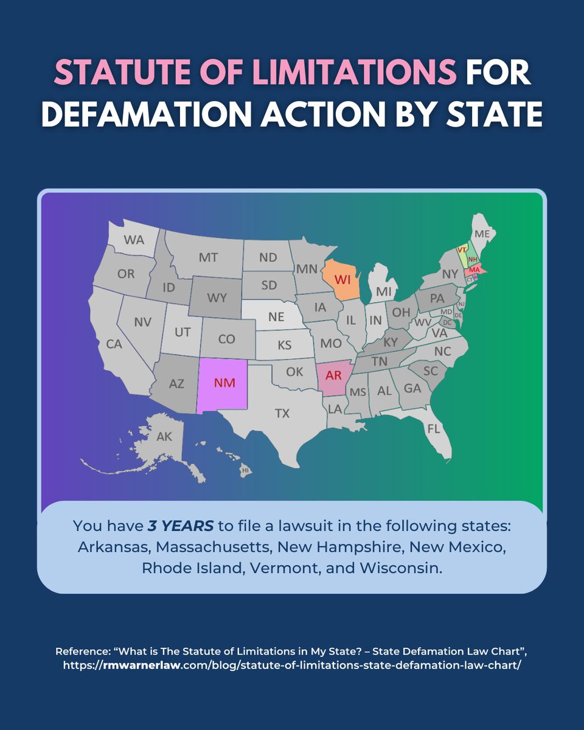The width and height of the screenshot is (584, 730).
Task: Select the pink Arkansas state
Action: pyautogui.click(x=333, y=375)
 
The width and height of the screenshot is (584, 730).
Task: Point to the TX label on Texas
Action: pyautogui.click(x=282, y=414)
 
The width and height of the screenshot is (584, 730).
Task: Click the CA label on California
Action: pyautogui.click(x=114, y=344)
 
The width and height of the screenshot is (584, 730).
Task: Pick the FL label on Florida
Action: pyautogui.click(x=433, y=428)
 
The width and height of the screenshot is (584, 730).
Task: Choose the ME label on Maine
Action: pyautogui.click(x=482, y=234)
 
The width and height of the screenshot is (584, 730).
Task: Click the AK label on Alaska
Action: pyautogui.click(x=164, y=437)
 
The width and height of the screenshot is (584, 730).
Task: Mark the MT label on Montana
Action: pyautogui.click(x=208, y=257)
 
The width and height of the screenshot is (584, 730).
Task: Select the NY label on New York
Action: pyautogui.click(x=450, y=274)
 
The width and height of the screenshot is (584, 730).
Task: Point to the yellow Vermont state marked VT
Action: pyautogui.click(x=462, y=250)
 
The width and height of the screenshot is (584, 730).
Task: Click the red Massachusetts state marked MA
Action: pyautogui.click(x=474, y=269)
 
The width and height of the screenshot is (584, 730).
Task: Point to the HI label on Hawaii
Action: pyautogui.click(x=246, y=470)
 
